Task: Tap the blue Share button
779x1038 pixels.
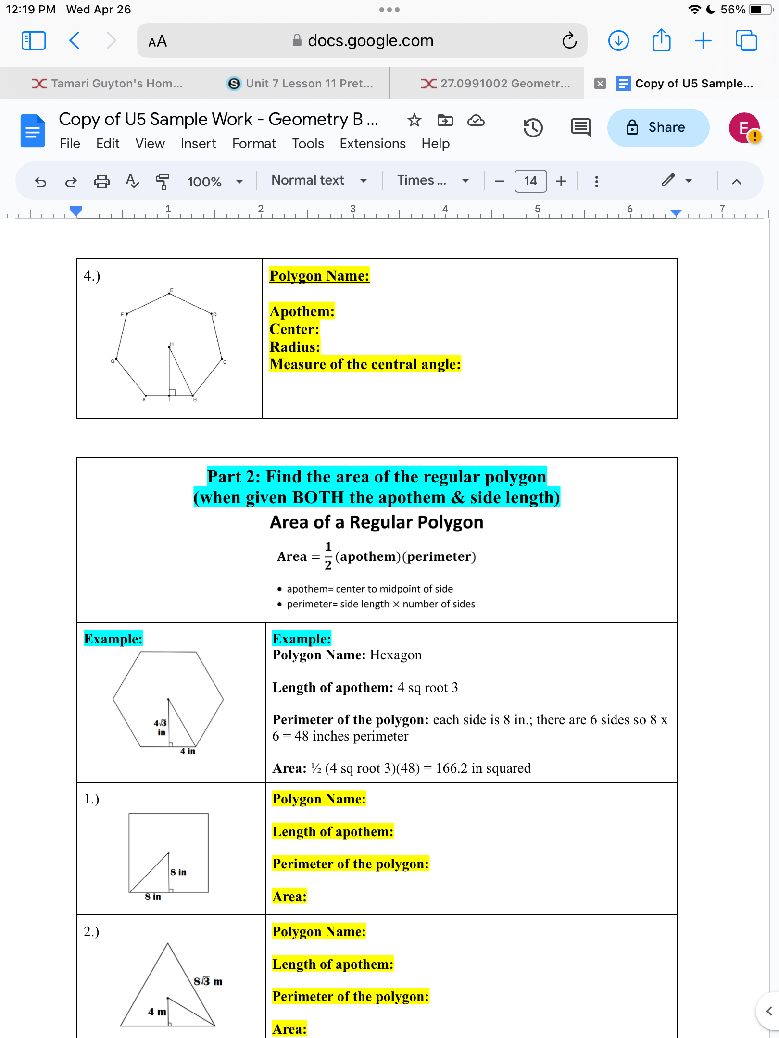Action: pos(657,127)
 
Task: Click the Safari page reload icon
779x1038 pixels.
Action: pos(569,41)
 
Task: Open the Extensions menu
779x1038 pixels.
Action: pos(372,144)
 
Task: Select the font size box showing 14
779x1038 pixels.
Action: pos(530,181)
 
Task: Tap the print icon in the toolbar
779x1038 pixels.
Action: pos(101,182)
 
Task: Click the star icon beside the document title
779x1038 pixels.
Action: pos(414,120)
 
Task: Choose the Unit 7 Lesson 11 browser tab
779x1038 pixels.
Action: pos(300,84)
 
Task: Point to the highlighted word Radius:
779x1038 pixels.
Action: pos(294,347)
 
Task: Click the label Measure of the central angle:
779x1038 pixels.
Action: pos(364,365)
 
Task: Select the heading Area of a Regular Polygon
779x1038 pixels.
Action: pos(376,522)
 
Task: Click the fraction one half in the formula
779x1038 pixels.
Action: pos(328,556)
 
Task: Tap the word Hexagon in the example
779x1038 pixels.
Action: pos(395,655)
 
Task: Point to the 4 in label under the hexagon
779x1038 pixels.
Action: pos(188,751)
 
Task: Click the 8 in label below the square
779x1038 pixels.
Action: pos(153,897)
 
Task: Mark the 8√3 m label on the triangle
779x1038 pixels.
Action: pos(208,981)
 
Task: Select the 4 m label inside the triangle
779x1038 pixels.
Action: pos(157,1012)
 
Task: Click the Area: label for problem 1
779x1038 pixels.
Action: pos(289,897)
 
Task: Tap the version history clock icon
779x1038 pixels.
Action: pos(533,128)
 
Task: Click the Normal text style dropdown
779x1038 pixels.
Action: pos(319,181)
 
